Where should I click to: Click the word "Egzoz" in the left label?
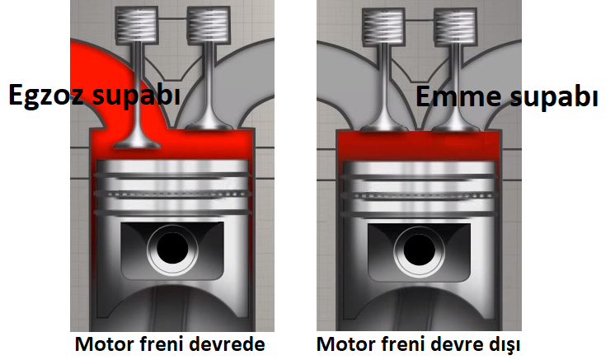tap(43, 96)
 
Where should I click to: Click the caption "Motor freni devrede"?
tap(170, 342)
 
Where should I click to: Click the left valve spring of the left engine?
tap(136, 27)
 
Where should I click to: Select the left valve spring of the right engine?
tap(381, 27)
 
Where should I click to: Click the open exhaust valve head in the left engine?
tap(136, 143)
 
